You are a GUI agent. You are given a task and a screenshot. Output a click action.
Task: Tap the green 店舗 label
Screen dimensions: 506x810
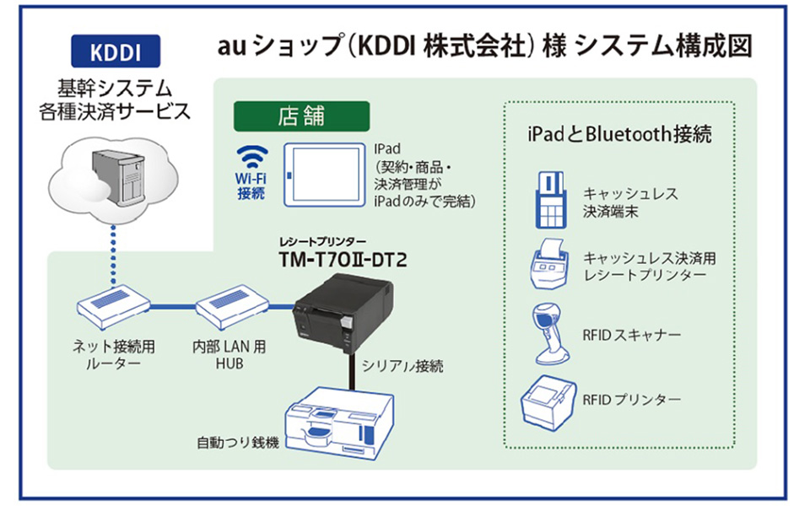300,116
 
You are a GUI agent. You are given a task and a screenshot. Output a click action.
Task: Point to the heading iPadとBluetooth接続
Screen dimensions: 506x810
618,133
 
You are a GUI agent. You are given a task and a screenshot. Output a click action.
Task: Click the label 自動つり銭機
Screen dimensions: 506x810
237,442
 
